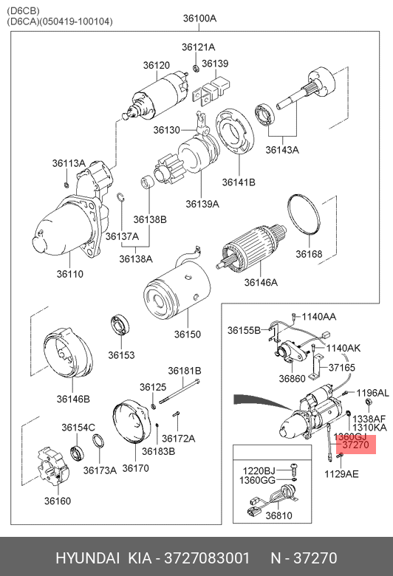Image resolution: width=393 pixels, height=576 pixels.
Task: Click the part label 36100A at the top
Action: coord(199,18)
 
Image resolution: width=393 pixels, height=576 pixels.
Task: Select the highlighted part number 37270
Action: coord(355,445)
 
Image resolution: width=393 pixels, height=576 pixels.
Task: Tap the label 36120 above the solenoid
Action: coord(157,66)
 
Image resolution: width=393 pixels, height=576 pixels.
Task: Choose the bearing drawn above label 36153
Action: coord(120,325)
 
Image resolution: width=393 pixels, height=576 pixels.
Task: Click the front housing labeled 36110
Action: coord(71,216)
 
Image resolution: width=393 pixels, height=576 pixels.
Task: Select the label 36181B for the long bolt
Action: coord(185,371)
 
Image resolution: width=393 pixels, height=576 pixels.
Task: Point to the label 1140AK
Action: coord(344,348)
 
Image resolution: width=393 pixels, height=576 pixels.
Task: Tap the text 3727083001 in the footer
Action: coord(207,558)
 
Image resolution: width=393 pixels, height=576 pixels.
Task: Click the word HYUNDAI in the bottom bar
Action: coord(87,558)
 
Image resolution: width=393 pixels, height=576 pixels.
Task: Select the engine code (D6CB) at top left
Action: coord(23,10)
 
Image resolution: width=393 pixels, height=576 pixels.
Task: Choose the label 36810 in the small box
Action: coord(278,515)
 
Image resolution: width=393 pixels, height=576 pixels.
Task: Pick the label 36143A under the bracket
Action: coord(282,150)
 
